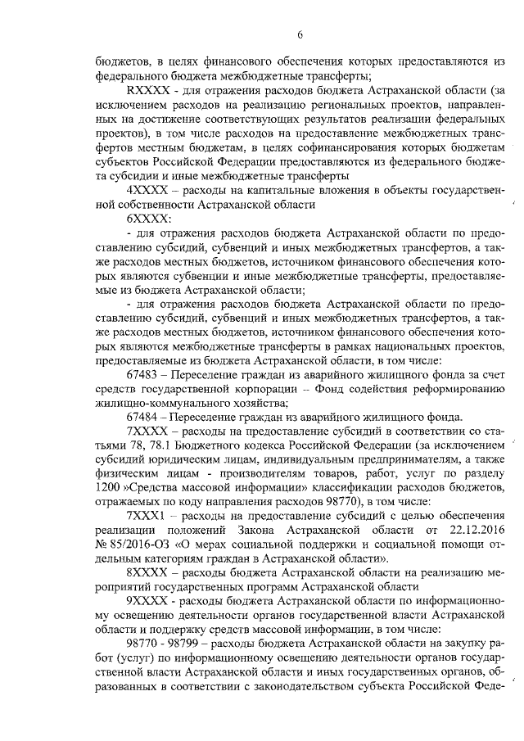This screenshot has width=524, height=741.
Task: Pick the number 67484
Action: (x=144, y=415)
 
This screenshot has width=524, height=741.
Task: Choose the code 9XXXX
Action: (x=146, y=604)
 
